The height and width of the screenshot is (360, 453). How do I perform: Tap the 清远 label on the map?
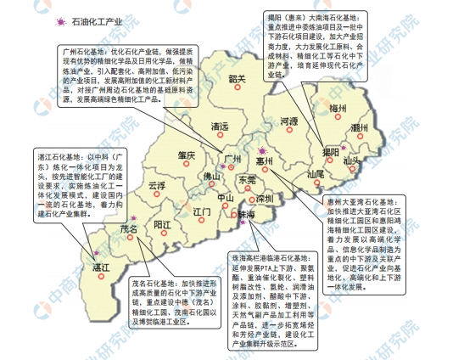tap(219, 127)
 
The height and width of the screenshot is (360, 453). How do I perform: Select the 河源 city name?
tap(289, 121)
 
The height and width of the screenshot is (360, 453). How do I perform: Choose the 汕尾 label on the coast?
tap(316, 173)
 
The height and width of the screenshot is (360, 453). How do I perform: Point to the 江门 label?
tap(202, 210)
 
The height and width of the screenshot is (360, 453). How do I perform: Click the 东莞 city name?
tap(247, 180)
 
